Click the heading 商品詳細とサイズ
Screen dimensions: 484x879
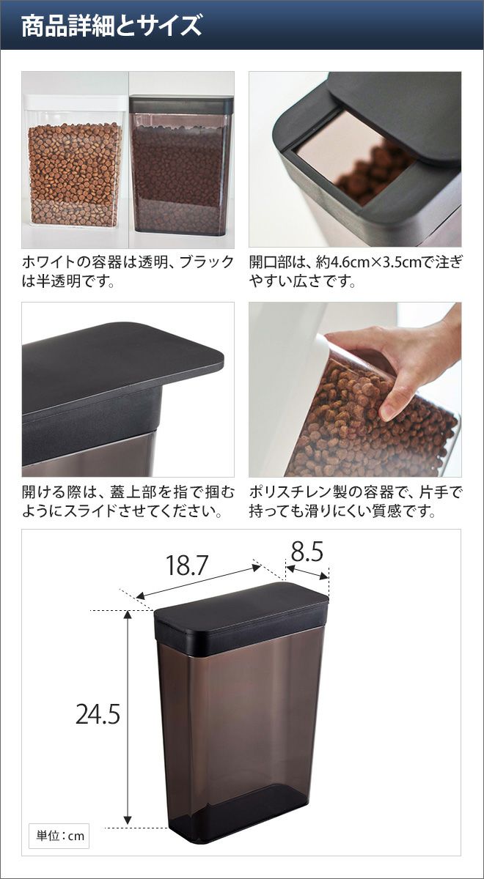(x=111, y=26)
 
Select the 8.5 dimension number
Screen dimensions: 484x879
(x=307, y=551)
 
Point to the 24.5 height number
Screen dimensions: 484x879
(x=98, y=713)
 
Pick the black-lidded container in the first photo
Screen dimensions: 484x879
(x=181, y=166)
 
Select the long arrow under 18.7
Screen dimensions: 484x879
(x=199, y=582)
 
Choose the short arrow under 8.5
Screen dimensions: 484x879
(x=307, y=572)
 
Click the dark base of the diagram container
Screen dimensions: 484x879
(x=238, y=804)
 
